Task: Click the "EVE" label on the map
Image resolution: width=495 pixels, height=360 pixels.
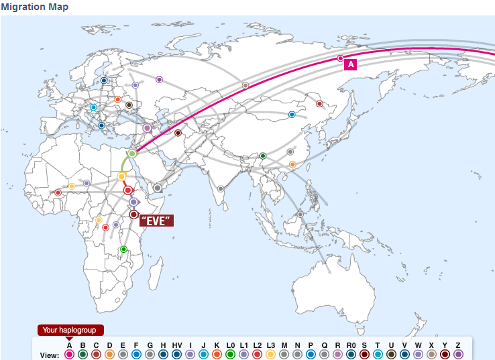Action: (156, 221)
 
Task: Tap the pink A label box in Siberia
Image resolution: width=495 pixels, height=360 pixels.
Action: (351, 64)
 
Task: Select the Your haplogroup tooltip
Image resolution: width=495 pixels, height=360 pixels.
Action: (70, 330)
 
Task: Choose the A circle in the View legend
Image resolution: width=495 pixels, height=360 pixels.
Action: (69, 354)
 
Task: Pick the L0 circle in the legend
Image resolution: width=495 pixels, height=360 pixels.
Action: (230, 354)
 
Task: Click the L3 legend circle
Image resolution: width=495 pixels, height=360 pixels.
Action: (270, 354)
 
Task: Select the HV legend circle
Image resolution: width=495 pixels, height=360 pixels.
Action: (176, 354)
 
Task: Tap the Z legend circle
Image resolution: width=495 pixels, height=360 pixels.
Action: (458, 354)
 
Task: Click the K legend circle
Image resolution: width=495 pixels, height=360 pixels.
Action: (217, 354)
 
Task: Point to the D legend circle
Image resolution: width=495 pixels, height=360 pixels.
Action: (109, 354)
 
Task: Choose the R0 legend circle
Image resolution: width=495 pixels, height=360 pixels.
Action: (351, 354)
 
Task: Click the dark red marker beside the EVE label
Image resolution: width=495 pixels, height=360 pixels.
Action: (134, 215)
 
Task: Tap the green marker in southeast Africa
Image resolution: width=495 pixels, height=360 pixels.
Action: (123, 249)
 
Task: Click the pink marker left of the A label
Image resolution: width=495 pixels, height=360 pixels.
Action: (340, 58)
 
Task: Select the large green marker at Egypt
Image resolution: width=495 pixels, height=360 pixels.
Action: (132, 154)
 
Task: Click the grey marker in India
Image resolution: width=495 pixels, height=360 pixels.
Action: (220, 188)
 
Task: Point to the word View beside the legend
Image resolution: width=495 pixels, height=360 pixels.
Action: (50, 355)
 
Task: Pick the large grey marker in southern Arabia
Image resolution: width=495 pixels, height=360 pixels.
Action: (158, 188)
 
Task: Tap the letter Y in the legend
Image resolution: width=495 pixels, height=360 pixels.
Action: (445, 345)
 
